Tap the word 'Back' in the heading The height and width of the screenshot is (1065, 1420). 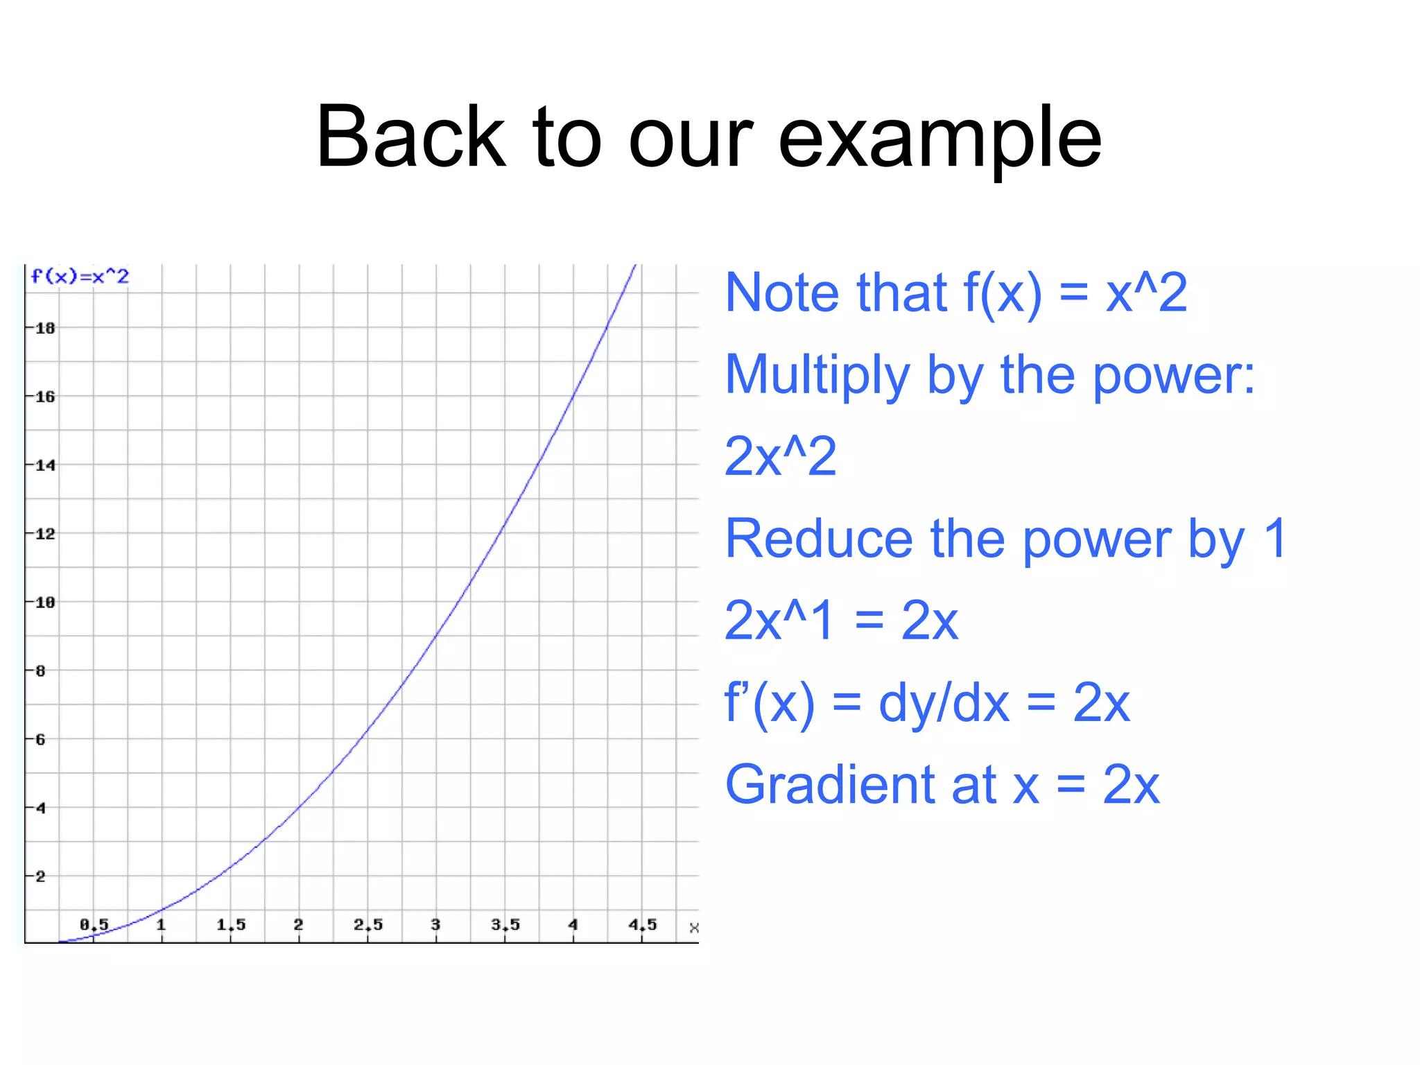click(x=410, y=137)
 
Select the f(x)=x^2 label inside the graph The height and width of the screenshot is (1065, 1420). click(x=80, y=277)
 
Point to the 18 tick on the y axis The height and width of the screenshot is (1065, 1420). click(x=44, y=328)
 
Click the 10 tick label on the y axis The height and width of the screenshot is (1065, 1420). click(x=44, y=603)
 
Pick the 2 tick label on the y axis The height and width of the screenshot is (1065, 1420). click(x=40, y=876)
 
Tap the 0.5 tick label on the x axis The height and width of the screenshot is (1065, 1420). click(x=94, y=924)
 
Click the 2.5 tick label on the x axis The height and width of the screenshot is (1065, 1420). click(x=368, y=924)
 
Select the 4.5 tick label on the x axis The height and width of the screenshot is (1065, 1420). click(x=642, y=924)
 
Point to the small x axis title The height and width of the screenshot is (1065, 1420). click(x=694, y=928)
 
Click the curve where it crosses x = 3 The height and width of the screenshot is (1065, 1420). click(x=436, y=635)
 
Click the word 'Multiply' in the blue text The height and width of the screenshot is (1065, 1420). click(x=817, y=375)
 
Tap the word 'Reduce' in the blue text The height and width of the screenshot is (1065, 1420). click(x=819, y=539)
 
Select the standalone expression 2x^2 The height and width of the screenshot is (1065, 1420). click(x=780, y=457)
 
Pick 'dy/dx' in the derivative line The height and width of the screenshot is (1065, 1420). click(x=944, y=703)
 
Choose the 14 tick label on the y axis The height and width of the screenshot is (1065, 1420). click(x=44, y=465)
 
